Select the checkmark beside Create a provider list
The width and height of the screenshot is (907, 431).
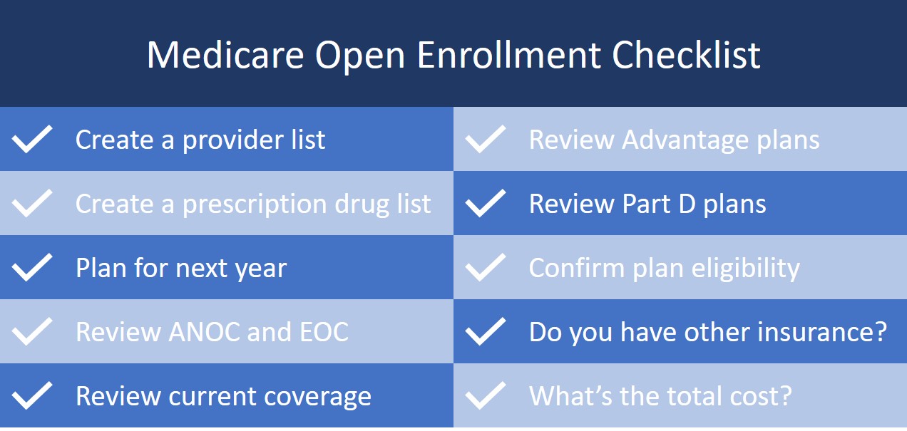33,140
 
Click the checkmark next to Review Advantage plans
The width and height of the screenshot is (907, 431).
486,140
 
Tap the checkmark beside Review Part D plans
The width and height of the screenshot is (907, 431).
486,204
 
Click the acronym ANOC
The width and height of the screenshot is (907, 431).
204,332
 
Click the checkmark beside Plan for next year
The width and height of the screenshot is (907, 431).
33,268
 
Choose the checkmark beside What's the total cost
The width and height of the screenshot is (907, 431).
486,395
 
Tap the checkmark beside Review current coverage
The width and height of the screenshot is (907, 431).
33,395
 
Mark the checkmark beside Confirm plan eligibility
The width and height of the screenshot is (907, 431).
486,268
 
